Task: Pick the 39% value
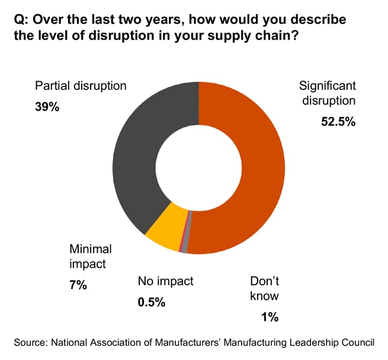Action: point(47,108)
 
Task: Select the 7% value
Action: point(78,285)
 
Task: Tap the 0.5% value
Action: point(151,302)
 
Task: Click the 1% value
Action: point(270,317)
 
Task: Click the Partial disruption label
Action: point(81,85)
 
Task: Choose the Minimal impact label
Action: point(91,256)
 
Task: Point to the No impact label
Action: point(165,281)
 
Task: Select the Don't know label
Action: point(264,288)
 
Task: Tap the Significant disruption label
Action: point(328,92)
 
